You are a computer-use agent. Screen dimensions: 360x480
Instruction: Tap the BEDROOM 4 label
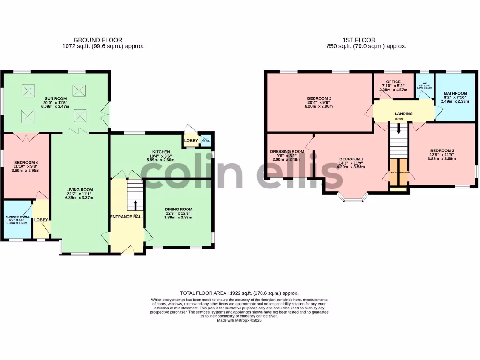pyautogui.click(x=26, y=162)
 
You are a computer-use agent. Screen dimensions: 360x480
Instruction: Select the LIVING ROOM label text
pyautogui.click(x=80, y=190)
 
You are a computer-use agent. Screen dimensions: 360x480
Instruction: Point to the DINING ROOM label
pyautogui.click(x=178, y=209)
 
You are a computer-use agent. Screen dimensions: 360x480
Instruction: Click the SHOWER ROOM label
pyautogui.click(x=17, y=217)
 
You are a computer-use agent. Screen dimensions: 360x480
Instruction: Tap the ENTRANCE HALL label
pyautogui.click(x=127, y=217)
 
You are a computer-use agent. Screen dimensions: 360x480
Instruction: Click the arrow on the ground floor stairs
pyautogui.click(x=136, y=205)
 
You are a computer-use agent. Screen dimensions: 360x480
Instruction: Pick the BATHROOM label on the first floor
pyautogui.click(x=456, y=93)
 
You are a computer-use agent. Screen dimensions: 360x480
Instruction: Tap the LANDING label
pyautogui.click(x=404, y=113)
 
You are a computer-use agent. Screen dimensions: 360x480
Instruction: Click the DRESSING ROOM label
pyautogui.click(x=287, y=152)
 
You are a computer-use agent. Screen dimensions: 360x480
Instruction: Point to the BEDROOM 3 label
pyautogui.click(x=442, y=151)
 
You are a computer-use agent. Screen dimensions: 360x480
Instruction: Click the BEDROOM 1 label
pyautogui.click(x=352, y=158)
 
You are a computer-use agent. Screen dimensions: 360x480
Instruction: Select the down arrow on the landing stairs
pyautogui.click(x=399, y=127)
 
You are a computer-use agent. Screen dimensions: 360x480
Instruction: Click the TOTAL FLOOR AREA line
pyautogui.click(x=239, y=292)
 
